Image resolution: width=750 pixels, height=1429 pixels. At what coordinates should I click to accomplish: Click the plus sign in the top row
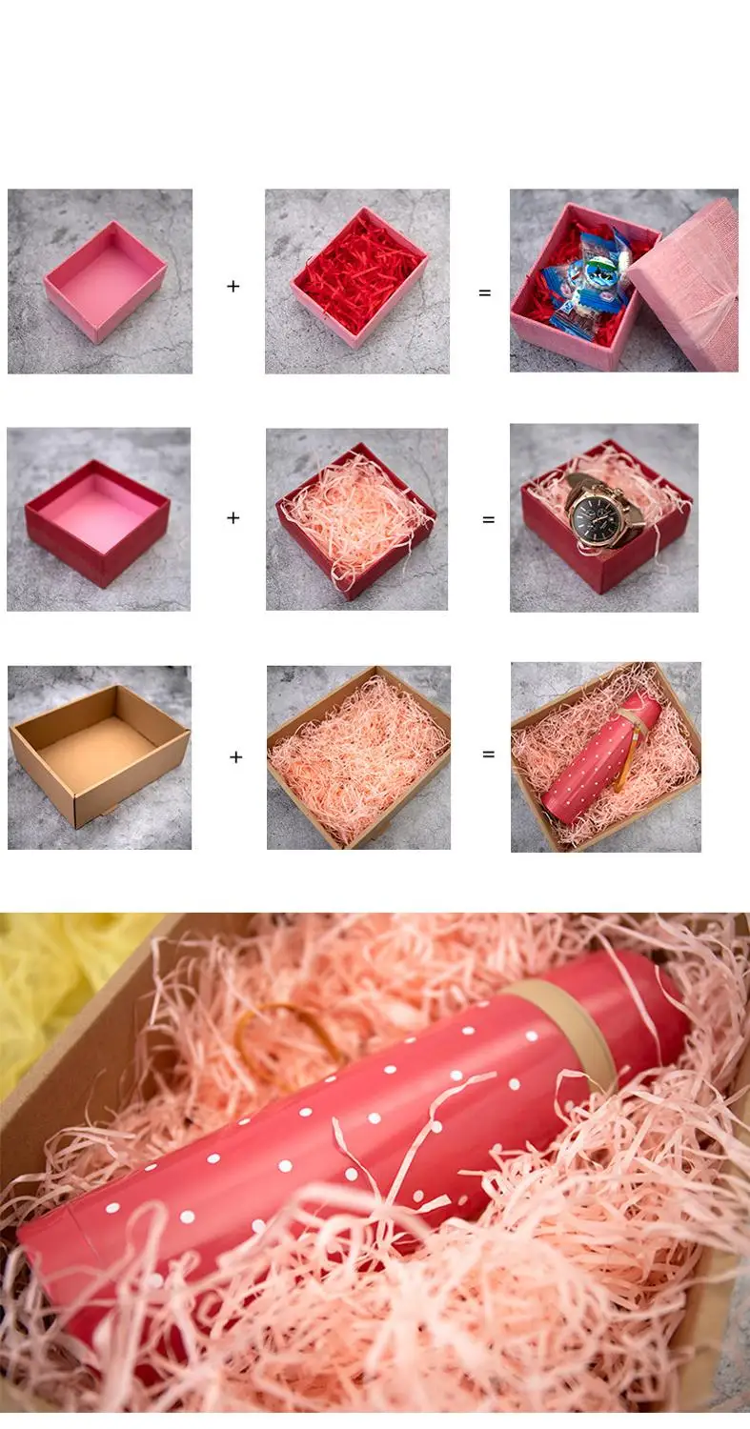(233, 286)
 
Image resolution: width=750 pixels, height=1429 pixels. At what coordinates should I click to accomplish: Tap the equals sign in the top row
(485, 292)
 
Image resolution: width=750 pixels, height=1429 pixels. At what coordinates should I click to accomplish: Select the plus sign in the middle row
(233, 518)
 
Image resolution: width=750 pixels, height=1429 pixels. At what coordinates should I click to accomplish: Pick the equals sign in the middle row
(489, 520)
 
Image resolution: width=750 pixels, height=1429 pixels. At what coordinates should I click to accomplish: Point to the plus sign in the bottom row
(235, 757)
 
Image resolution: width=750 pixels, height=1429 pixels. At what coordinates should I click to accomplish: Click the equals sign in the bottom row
(489, 755)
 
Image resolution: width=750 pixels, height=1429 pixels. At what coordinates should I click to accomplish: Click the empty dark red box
(97, 520)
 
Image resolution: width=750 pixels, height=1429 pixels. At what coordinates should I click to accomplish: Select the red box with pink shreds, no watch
(356, 520)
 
